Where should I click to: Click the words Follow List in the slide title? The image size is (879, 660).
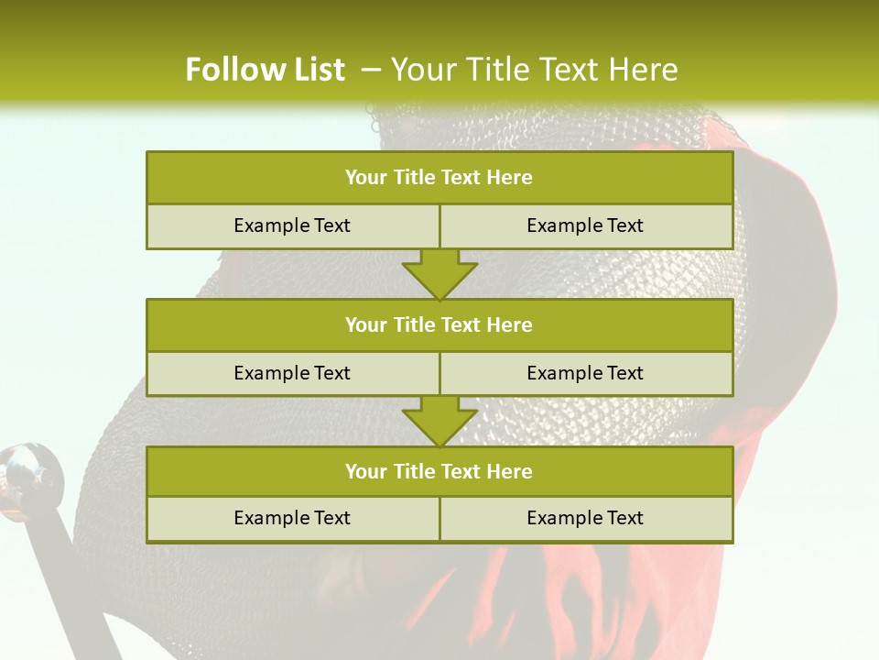click(265, 70)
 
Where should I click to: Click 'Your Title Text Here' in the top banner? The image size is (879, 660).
click(534, 70)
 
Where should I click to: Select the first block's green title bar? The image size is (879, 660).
click(439, 178)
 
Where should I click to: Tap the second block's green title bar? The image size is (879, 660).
click(439, 324)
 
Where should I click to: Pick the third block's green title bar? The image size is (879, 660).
click(439, 471)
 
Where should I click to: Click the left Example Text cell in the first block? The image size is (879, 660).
click(292, 225)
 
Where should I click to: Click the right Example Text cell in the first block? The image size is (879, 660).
click(585, 225)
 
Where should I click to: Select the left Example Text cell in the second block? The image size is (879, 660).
click(292, 373)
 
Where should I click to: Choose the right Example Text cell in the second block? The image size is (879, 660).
click(585, 373)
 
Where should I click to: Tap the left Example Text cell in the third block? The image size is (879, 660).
click(292, 518)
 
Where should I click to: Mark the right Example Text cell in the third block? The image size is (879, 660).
click(585, 518)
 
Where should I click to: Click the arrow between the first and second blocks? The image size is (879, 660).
click(439, 274)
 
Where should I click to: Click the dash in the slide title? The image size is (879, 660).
click(371, 70)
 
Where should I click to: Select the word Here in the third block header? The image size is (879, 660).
click(509, 471)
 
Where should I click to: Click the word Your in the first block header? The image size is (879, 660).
click(365, 178)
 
